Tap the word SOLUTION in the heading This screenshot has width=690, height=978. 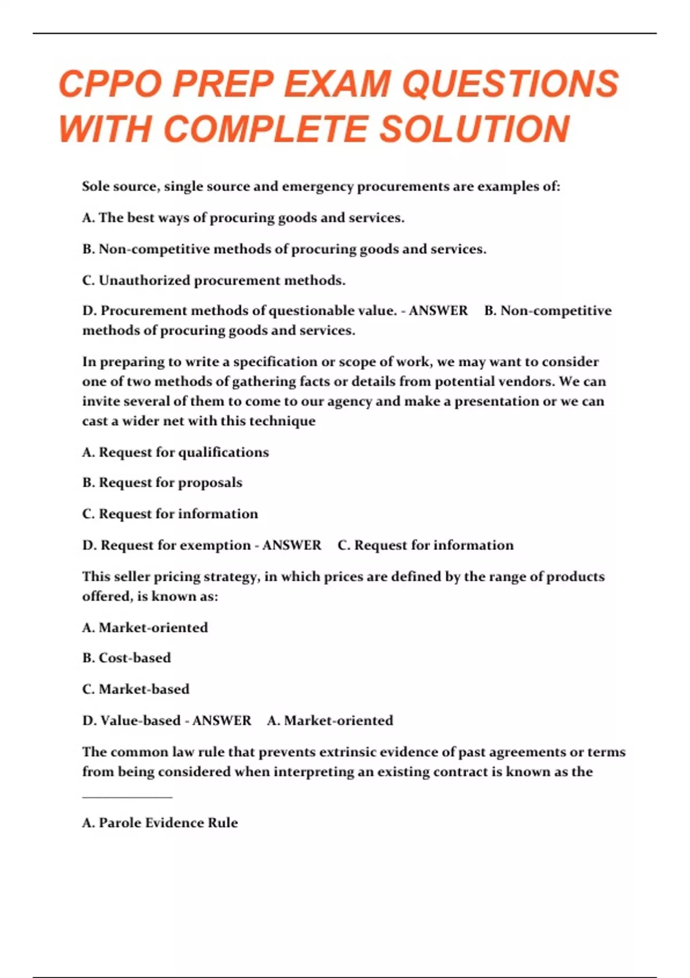point(474,129)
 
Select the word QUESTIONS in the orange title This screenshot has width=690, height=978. point(510,85)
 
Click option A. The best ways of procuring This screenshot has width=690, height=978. point(243,218)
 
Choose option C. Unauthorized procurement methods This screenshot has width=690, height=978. point(214,281)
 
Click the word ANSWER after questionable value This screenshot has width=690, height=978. point(438,311)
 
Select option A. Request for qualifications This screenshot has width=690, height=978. point(175,453)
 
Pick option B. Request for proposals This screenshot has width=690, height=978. point(162,483)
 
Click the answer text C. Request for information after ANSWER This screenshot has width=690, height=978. point(425,545)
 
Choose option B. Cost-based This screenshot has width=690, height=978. point(126,658)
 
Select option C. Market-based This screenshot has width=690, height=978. point(136,689)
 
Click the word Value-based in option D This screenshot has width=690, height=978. point(140,721)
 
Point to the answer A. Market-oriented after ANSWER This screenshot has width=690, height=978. point(330,721)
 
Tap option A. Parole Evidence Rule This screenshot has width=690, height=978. point(160,823)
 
